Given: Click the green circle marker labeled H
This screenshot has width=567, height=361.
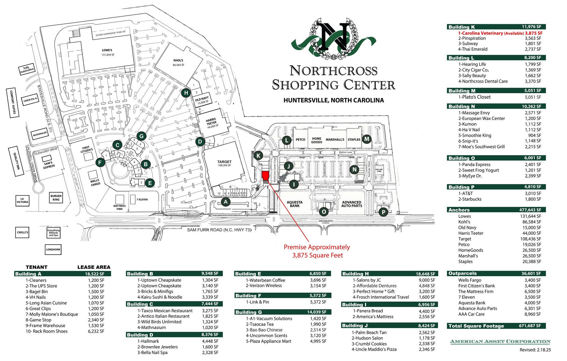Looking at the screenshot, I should coord(186,93).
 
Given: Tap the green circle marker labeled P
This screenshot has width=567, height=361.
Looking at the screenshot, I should coord(383,212).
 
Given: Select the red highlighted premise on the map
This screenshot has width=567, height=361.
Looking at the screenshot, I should coord(265,176).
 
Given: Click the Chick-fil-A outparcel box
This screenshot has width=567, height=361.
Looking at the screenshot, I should coord(30,100).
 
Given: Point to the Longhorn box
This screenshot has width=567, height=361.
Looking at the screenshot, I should coord(53,249).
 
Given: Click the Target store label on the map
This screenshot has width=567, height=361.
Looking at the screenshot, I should coord(224,162).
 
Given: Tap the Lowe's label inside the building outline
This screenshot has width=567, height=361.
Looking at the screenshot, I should coord(107,50).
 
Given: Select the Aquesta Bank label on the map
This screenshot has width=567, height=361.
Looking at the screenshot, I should coord(295,204).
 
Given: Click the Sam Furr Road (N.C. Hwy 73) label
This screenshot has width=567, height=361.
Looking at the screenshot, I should coord(219,230).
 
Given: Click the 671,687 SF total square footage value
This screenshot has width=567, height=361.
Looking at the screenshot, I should coord(530,326).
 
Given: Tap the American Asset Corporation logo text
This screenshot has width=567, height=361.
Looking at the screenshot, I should coord(500,342).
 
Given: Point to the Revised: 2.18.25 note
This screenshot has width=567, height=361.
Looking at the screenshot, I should coord(535,350).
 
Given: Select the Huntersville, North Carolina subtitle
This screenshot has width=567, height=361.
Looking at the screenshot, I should coord(334,100).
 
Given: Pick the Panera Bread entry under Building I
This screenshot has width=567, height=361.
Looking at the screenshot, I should coord(368,311).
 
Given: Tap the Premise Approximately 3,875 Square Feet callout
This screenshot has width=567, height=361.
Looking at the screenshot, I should coord(317,251).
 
